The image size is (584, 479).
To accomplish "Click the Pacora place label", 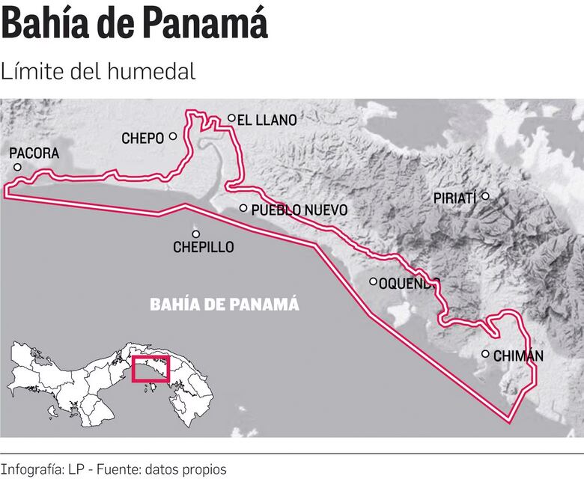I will [34, 153].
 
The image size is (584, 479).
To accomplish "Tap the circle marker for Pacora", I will [17, 167].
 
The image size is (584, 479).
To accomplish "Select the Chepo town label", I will [142, 138].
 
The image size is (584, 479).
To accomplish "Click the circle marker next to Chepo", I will [173, 136].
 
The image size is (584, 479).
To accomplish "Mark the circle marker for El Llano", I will [232, 118].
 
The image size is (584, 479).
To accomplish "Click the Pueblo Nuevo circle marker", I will [243, 208].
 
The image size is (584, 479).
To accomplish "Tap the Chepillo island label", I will [203, 247].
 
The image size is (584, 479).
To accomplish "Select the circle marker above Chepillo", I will [196, 234].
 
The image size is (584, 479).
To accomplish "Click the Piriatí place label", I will [455, 198].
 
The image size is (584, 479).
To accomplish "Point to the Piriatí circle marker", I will [485, 196].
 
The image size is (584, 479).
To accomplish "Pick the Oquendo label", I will [408, 283].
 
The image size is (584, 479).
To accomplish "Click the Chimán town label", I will [518, 356].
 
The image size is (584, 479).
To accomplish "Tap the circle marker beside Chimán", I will [486, 354].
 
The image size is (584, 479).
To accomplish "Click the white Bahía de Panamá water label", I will [225, 305].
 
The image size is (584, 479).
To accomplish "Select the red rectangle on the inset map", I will [151, 369].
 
